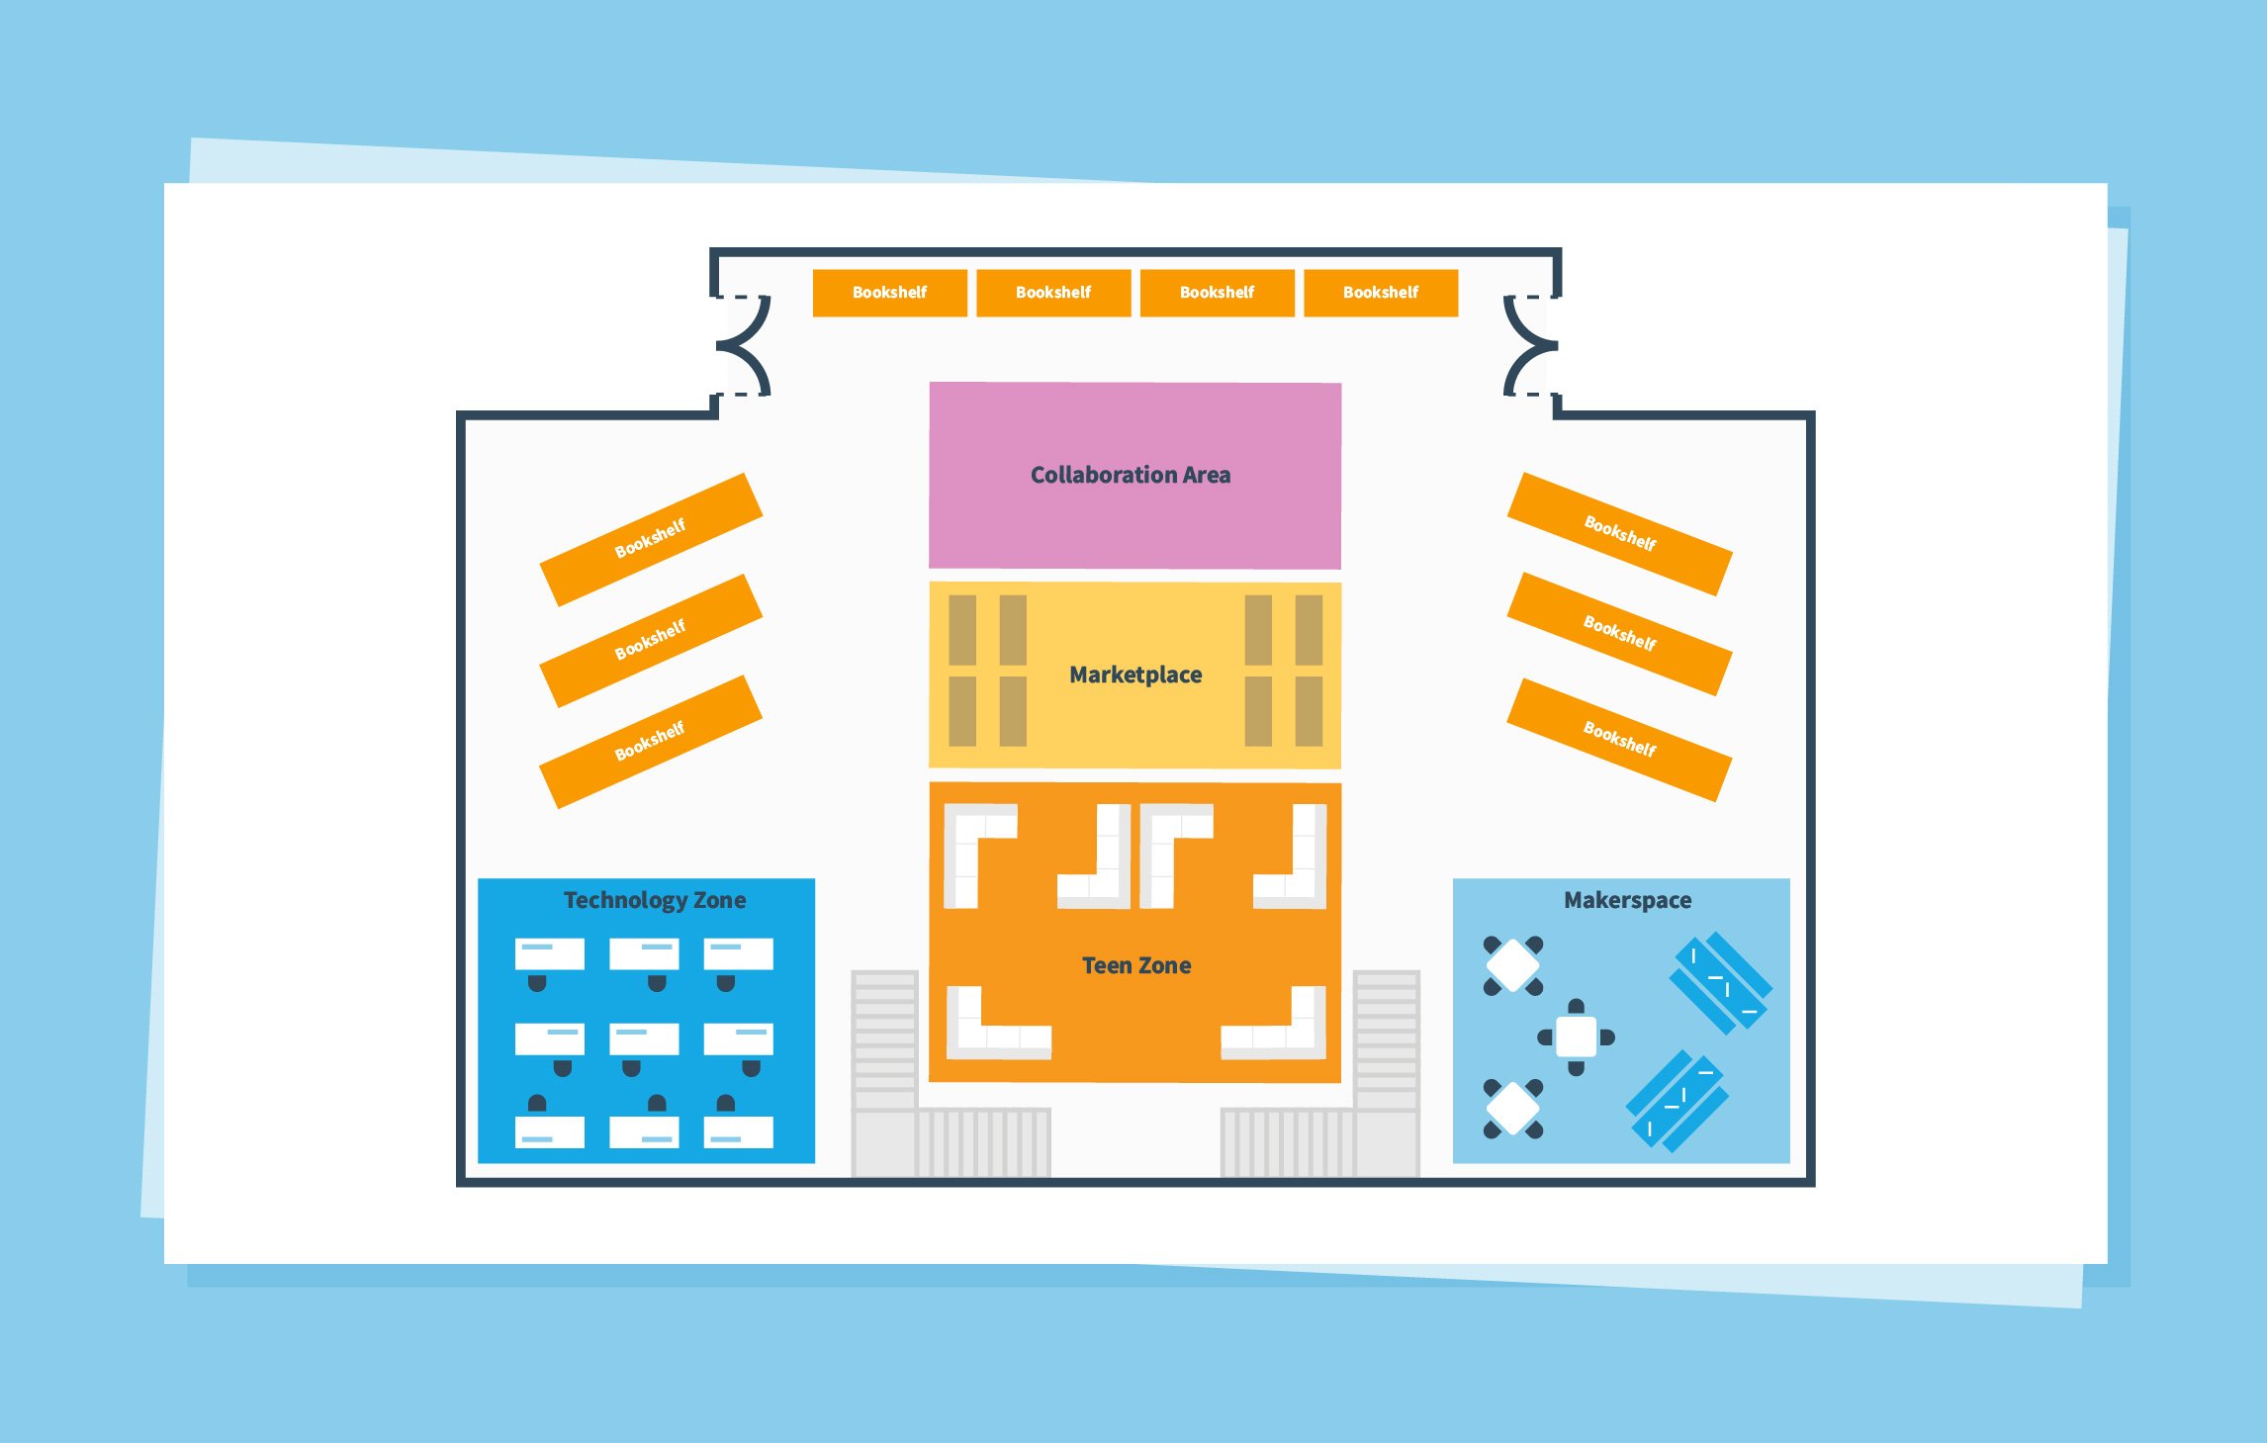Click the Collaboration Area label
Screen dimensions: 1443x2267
1131,475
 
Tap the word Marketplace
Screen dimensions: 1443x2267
1135,675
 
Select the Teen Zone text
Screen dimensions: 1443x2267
1136,965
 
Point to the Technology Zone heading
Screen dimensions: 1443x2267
655,900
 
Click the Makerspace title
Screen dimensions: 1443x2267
1627,900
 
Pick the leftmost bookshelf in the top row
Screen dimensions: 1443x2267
889,293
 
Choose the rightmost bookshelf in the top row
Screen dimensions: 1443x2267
1381,293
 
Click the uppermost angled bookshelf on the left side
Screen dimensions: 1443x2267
651,539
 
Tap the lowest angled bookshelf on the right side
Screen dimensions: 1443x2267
1619,740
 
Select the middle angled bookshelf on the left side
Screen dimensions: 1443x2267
651,641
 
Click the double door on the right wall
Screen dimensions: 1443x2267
1529,345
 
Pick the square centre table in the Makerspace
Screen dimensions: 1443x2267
1576,1037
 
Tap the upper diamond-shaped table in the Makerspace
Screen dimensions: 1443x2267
1512,965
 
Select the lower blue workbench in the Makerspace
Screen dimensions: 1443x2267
1678,1101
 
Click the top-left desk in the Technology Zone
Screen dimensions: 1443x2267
550,954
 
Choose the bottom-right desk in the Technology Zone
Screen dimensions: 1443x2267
738,1131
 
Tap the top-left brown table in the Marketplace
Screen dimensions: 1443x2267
962,630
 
